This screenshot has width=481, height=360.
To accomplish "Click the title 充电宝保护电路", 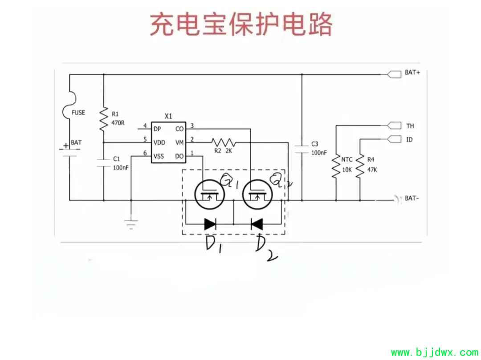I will pos(241,24).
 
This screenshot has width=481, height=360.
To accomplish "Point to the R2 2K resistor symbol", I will pos(223,142).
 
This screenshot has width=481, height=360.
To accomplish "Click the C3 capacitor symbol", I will pos(302,149).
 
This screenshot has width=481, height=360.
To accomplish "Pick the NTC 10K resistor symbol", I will pos(335,167).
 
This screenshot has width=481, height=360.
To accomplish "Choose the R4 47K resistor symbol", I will pos(359,167).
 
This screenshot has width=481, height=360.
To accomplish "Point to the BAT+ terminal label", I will pos(412,73).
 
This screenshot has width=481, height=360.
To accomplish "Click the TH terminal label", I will pos(410,126).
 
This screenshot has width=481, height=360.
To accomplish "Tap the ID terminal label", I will pos(409,140).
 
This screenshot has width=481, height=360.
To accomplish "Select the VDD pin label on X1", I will pos(159,142).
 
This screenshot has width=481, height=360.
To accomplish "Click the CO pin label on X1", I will pos(179,129).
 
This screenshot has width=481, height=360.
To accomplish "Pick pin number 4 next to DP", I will pos(145,126).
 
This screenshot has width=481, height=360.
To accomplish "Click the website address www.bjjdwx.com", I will pos(434,353).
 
